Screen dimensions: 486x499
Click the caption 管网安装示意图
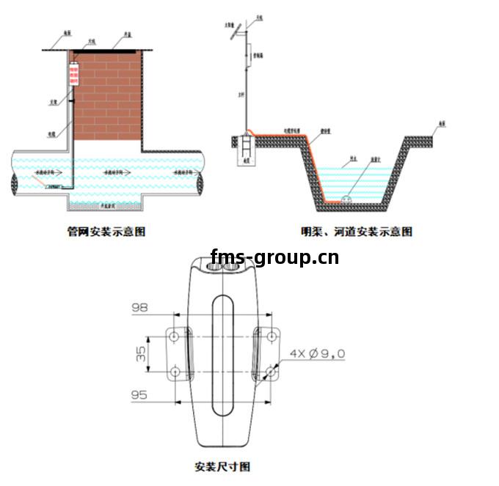point(106,232)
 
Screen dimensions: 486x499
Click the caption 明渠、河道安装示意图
point(357,232)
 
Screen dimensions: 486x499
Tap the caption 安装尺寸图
point(222,466)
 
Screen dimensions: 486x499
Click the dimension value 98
point(139,309)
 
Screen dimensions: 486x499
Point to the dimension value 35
point(139,355)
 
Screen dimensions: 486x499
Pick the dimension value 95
point(139,395)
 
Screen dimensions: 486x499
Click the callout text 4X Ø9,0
point(317,354)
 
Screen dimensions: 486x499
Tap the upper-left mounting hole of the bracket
point(175,336)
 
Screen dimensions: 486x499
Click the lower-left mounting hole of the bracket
point(175,372)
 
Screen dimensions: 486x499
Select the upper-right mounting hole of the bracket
point(272,336)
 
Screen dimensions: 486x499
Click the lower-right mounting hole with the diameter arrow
point(272,372)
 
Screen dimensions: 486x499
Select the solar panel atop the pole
point(233,33)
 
